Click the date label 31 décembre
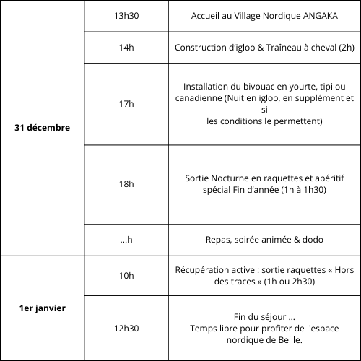tap(43, 128)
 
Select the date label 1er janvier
tap(43, 308)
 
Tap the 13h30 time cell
tap(126, 16)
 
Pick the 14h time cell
tap(126, 48)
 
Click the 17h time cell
tap(126, 104)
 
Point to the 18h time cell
tap(126, 184)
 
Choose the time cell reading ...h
tap(126, 240)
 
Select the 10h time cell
tap(126, 275)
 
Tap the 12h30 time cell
tap(126, 328)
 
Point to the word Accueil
tap(208, 16)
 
